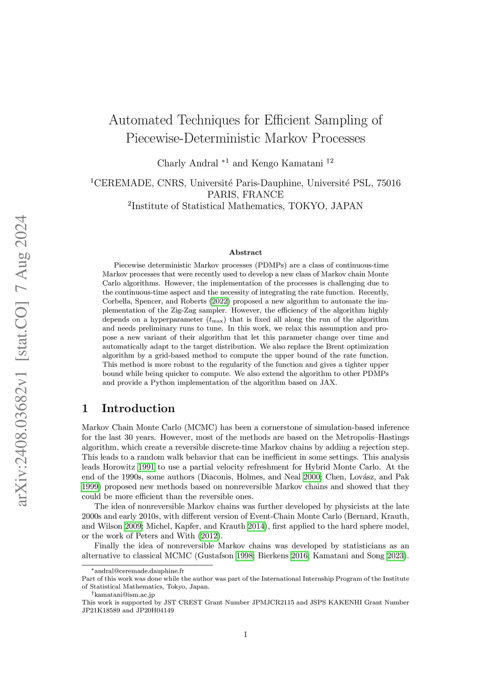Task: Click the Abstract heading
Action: coord(245,253)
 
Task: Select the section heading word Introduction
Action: coord(138,408)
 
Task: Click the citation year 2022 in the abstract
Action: coord(220,301)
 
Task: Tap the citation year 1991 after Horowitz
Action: coord(146,467)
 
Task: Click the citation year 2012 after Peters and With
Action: coord(210,536)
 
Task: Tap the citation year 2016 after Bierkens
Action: coord(299,556)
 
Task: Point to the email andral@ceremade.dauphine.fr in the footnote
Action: coord(139,571)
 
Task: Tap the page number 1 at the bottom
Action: coord(245,635)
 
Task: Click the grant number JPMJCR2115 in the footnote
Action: coord(273,602)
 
